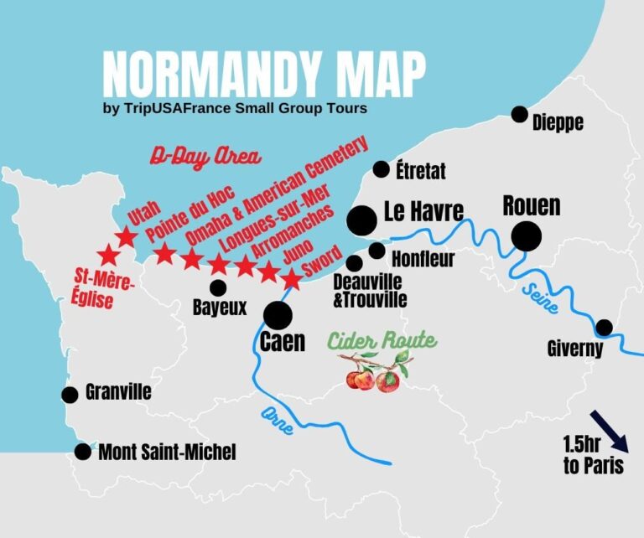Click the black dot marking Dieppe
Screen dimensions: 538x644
point(520,114)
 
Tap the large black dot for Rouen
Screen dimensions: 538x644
point(527,236)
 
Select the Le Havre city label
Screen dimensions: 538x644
point(423,212)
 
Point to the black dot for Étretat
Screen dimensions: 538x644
point(382,169)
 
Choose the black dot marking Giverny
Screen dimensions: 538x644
point(603,327)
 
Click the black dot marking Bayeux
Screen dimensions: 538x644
point(219,287)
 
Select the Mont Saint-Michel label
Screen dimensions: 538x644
point(167,453)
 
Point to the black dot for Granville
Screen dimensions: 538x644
point(70,394)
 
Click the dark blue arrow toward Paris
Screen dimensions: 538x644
point(607,429)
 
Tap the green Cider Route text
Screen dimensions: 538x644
point(382,341)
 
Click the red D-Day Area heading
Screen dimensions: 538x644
point(206,157)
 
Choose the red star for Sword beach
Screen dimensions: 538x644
point(291,278)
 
